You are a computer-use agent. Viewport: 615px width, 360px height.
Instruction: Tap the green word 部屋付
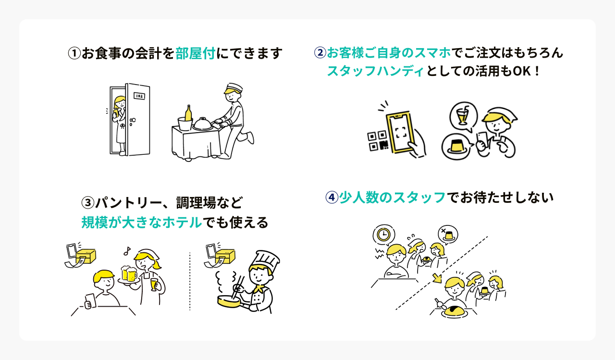click(196, 53)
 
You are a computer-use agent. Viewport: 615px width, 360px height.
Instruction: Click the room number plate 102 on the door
click(140, 96)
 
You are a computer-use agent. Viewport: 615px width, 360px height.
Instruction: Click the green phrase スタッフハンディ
click(375, 72)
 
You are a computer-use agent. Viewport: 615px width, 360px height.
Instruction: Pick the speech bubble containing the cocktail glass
click(463, 116)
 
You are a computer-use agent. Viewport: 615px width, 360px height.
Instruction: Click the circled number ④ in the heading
click(332, 198)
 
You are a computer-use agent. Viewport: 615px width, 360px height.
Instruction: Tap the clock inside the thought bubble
click(383, 234)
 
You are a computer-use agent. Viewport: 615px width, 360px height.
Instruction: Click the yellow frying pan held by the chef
click(229, 301)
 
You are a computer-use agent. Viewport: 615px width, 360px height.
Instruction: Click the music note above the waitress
click(127, 251)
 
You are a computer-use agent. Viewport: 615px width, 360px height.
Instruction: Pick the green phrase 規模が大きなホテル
click(141, 223)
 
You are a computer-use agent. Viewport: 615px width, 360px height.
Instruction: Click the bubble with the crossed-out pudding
click(448, 235)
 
